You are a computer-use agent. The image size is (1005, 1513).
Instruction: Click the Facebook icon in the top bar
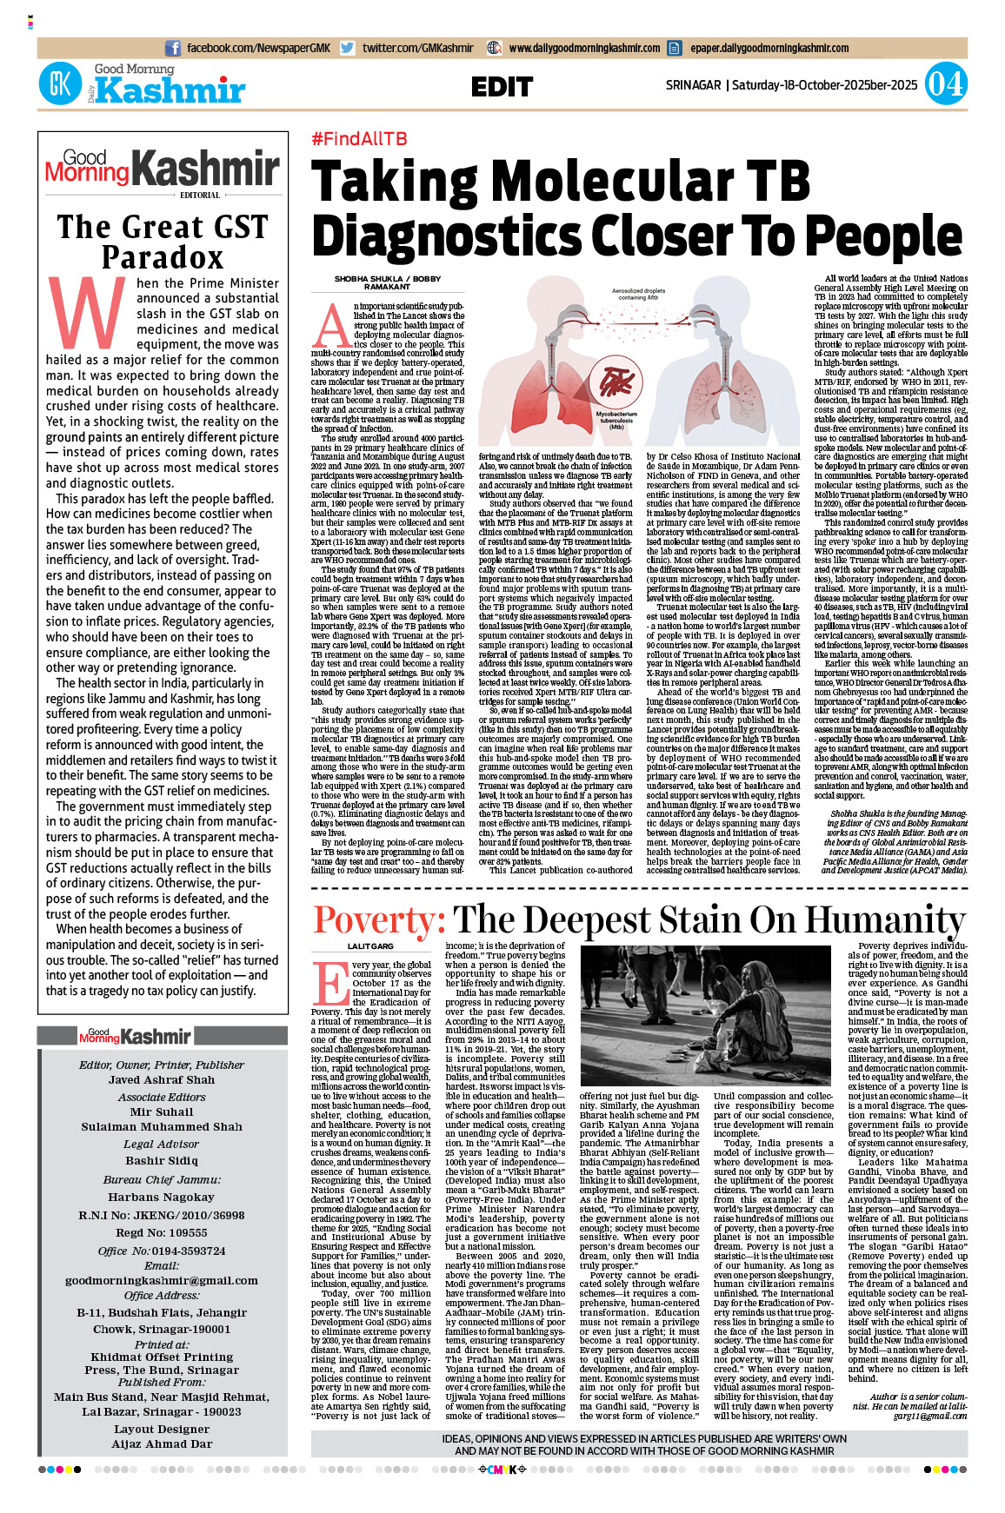click(173, 49)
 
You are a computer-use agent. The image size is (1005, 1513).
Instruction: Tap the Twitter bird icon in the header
click(348, 49)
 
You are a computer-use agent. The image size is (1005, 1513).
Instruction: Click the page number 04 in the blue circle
click(944, 84)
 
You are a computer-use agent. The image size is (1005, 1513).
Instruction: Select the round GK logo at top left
click(60, 84)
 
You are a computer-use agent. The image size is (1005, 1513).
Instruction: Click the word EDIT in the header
click(502, 87)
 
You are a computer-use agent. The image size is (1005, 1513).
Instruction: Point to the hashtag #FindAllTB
click(359, 139)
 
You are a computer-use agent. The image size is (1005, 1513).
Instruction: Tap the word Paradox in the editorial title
click(163, 257)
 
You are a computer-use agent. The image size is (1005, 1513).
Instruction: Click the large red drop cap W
click(87, 314)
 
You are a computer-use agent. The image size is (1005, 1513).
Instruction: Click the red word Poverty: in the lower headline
click(379, 919)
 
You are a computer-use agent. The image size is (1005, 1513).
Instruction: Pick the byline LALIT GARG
click(370, 946)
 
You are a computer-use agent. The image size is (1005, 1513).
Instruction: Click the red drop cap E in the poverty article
click(329, 983)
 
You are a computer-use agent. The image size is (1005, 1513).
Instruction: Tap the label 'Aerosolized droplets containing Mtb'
click(638, 294)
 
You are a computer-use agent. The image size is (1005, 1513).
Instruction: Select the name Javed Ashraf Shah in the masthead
click(162, 1080)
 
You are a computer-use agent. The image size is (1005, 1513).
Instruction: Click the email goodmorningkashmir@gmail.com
click(162, 1280)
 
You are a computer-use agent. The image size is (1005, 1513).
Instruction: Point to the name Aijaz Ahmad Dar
click(162, 1443)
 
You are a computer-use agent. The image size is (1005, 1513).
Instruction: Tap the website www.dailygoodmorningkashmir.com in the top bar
click(584, 49)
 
